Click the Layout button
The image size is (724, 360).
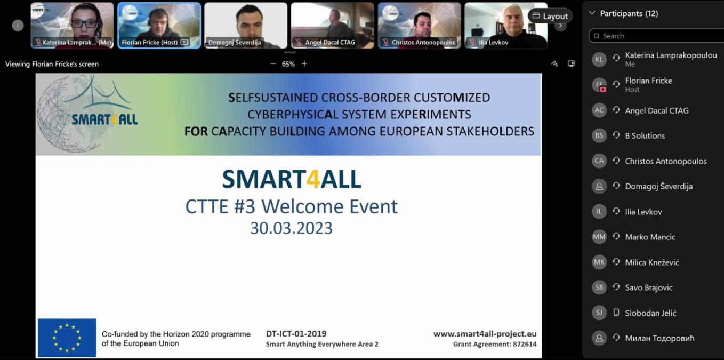pyautogui.click(x=550, y=16)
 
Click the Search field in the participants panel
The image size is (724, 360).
pyautogui.click(x=656, y=36)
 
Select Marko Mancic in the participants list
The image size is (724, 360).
pyautogui.click(x=650, y=237)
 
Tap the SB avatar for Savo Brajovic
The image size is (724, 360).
pyautogui.click(x=599, y=287)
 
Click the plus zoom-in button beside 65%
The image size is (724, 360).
pyautogui.click(x=304, y=63)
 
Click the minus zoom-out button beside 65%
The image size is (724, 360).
pyautogui.click(x=273, y=63)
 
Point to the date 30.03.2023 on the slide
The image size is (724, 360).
pyautogui.click(x=291, y=228)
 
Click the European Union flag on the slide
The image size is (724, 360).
pyautogui.click(x=67, y=338)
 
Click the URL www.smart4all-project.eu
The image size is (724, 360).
pyautogui.click(x=485, y=334)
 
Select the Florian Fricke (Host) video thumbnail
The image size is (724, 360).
pyautogui.click(x=159, y=26)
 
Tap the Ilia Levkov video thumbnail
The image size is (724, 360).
pyautogui.click(x=506, y=26)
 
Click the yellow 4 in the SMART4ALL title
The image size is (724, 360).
pyautogui.click(x=313, y=179)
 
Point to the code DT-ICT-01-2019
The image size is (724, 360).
pyautogui.click(x=296, y=334)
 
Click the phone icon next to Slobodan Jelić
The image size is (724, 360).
pyautogui.click(x=616, y=313)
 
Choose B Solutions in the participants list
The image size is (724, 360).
pyautogui.click(x=645, y=136)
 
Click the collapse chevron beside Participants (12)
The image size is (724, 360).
pyautogui.click(x=592, y=13)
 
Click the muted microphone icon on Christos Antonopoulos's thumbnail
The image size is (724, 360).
pyautogui.click(x=385, y=42)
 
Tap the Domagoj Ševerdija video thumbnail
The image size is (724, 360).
pyautogui.click(x=246, y=26)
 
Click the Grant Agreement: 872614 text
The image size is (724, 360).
pyautogui.click(x=495, y=345)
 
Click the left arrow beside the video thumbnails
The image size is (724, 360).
pyautogui.click(x=18, y=26)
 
